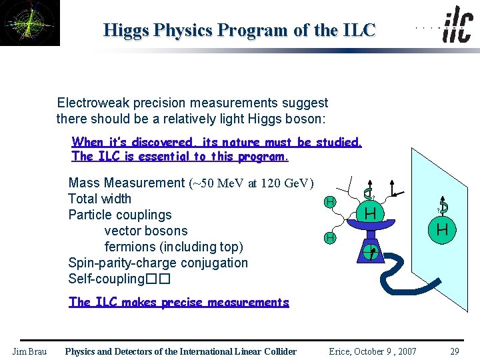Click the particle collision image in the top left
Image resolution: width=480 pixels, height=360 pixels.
point(30,23)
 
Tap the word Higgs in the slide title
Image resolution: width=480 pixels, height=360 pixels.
point(127,31)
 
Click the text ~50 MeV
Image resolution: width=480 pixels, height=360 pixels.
point(218,183)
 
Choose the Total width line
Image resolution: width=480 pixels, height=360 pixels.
point(99,199)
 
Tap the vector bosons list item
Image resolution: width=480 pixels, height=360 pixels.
point(146,231)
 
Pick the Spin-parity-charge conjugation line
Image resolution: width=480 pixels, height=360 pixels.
point(157,263)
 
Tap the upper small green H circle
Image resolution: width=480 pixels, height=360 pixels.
point(329,201)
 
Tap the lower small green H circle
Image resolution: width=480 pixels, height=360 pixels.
point(329,237)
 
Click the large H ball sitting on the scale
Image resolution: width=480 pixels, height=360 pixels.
point(371,213)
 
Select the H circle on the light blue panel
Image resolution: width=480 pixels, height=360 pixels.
point(441,230)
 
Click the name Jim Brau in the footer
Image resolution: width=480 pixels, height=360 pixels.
point(29,351)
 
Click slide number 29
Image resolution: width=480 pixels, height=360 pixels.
point(454,351)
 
